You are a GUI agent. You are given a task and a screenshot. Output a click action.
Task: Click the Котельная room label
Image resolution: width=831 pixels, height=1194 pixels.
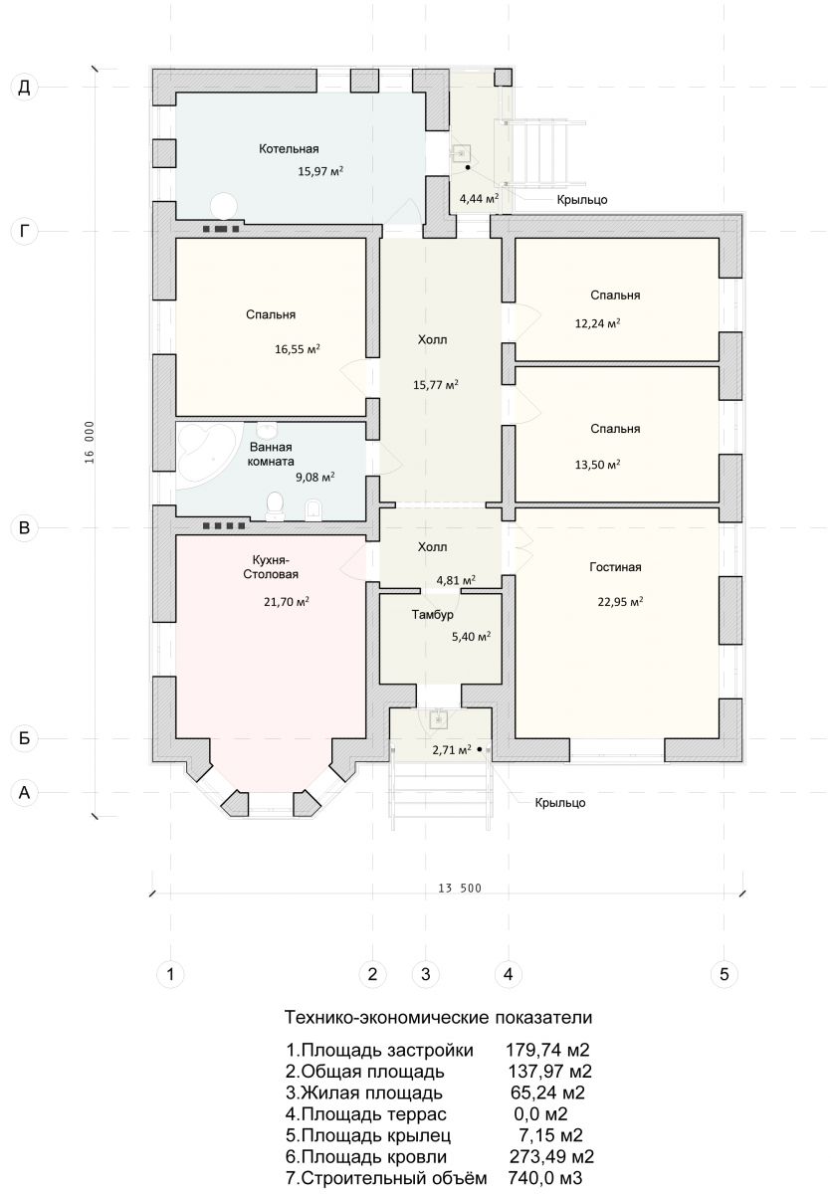click(289, 148)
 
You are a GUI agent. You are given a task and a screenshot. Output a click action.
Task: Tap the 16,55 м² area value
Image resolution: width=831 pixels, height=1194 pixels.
click(297, 349)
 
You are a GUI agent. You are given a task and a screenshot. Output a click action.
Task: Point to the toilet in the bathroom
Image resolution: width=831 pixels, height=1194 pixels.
click(274, 505)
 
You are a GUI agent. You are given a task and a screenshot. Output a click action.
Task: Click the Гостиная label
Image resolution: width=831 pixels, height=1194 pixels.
click(615, 566)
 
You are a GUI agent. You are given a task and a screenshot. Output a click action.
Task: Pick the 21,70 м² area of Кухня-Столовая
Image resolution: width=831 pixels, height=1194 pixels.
click(287, 602)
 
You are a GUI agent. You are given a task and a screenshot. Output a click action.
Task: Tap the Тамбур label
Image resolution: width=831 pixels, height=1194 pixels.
click(432, 615)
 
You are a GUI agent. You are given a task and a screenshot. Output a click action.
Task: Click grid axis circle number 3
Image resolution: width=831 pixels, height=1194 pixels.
click(425, 974)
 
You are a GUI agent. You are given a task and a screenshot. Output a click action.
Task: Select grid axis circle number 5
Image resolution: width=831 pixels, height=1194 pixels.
click(724, 974)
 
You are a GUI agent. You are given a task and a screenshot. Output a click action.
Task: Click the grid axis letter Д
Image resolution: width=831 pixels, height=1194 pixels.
click(25, 87)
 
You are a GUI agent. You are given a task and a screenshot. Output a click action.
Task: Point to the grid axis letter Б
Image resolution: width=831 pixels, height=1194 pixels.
click(25, 738)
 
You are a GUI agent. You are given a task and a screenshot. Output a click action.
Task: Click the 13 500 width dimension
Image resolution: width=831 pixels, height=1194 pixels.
click(460, 888)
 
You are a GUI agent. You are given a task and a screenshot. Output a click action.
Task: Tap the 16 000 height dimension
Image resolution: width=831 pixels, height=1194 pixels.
click(89, 442)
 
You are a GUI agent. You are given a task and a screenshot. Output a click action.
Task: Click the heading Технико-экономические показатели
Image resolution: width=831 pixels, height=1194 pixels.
click(438, 1017)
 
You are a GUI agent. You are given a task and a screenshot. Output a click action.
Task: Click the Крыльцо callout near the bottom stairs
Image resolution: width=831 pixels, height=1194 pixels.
click(559, 803)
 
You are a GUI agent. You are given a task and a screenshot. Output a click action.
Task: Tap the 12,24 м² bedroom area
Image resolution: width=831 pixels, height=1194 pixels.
click(597, 323)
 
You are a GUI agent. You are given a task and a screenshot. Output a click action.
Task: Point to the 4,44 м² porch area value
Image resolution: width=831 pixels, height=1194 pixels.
click(479, 199)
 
